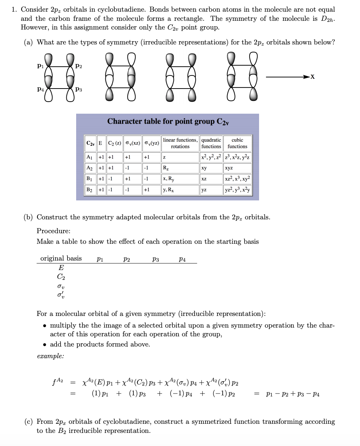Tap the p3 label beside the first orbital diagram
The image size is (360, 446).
coord(78,89)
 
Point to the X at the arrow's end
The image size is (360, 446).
coord(312,77)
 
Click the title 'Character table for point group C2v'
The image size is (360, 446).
coord(168,121)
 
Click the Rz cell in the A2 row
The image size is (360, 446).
coord(166,168)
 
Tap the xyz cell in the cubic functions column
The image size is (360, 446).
coord(229,168)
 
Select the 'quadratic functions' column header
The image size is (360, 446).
coord(211,143)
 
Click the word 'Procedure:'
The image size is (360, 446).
coord(54,231)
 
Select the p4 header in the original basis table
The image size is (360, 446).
coord(182,259)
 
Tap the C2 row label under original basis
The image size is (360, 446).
coord(61,276)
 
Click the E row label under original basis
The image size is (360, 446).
coord(61,268)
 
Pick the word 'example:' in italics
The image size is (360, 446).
coord(50,356)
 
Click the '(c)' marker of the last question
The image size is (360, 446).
coord(28,422)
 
